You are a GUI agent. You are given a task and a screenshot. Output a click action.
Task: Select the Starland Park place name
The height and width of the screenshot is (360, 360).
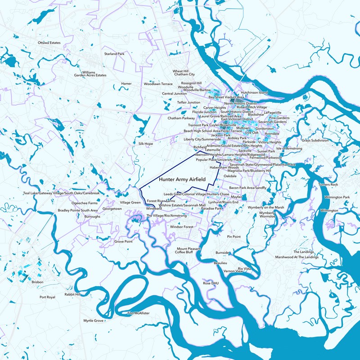tap(114, 54)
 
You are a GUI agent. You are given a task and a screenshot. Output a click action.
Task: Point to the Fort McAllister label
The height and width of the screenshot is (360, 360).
tap(139, 313)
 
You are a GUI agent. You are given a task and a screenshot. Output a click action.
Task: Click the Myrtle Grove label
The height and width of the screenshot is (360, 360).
tap(94, 321)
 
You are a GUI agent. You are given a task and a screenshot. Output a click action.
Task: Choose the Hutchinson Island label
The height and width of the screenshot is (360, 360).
tap(254, 92)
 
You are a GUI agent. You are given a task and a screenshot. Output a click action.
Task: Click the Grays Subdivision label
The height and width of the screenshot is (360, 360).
tap(315, 140)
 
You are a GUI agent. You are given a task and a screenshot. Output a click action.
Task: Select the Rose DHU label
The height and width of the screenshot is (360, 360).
tap(210, 283)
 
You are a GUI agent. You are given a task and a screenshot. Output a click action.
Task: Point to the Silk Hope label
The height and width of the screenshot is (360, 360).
tap(146, 144)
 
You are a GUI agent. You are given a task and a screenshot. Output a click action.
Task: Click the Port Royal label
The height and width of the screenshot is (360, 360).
tap(47, 297)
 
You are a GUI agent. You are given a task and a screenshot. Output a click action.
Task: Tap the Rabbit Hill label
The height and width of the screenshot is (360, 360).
tap(72, 294)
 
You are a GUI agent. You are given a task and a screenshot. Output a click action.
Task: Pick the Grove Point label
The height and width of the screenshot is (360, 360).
tap(123, 242)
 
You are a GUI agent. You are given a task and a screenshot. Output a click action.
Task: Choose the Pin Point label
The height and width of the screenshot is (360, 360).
tap(234, 237)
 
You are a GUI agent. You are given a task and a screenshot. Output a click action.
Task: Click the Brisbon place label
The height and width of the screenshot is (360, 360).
tap(38, 282)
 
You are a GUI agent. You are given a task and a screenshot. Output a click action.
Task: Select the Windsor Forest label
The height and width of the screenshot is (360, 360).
tap(182, 227)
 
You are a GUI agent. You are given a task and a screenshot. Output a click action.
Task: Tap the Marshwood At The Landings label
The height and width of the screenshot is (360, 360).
tap(297, 257)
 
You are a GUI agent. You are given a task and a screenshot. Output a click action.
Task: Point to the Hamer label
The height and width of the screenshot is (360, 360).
tap(126, 84)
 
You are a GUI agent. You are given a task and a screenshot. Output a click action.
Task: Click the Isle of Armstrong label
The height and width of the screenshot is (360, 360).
tap(289, 148)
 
